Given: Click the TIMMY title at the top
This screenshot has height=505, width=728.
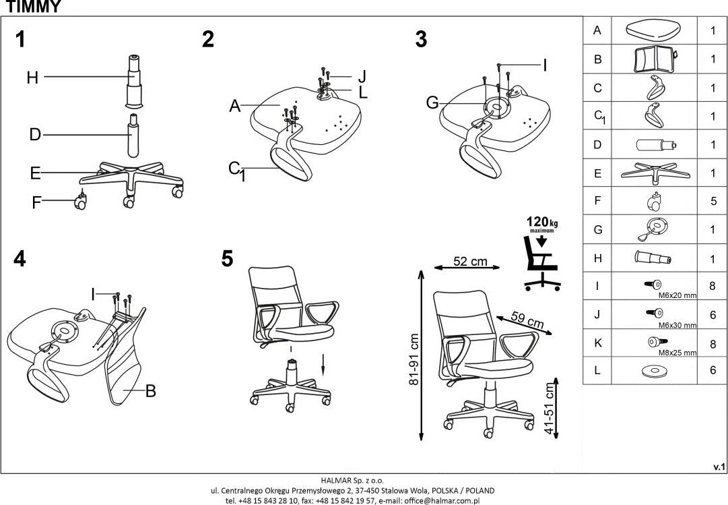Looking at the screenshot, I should (x=33, y=7).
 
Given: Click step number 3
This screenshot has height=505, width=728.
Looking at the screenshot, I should (x=421, y=40).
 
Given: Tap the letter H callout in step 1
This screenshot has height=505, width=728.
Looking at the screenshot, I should (x=32, y=78).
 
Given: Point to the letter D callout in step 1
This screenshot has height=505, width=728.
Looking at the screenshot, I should (x=35, y=135).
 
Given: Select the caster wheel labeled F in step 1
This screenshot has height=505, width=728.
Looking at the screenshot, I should (x=80, y=202).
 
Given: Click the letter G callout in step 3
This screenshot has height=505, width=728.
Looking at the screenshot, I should (x=432, y=103).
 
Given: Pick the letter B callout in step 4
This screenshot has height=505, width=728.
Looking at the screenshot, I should (x=151, y=391).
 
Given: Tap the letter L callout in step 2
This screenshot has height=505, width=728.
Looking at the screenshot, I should (x=363, y=93).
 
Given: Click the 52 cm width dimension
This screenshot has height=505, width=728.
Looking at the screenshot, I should (x=469, y=262).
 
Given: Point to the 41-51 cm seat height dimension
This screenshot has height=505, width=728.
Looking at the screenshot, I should (x=549, y=408).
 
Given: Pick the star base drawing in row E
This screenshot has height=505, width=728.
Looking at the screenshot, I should (x=655, y=173).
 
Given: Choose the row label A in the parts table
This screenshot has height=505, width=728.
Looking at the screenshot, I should (x=597, y=31).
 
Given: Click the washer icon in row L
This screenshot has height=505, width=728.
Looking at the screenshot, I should (x=654, y=371).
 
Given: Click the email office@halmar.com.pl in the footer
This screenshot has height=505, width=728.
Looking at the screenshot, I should (x=441, y=501).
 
